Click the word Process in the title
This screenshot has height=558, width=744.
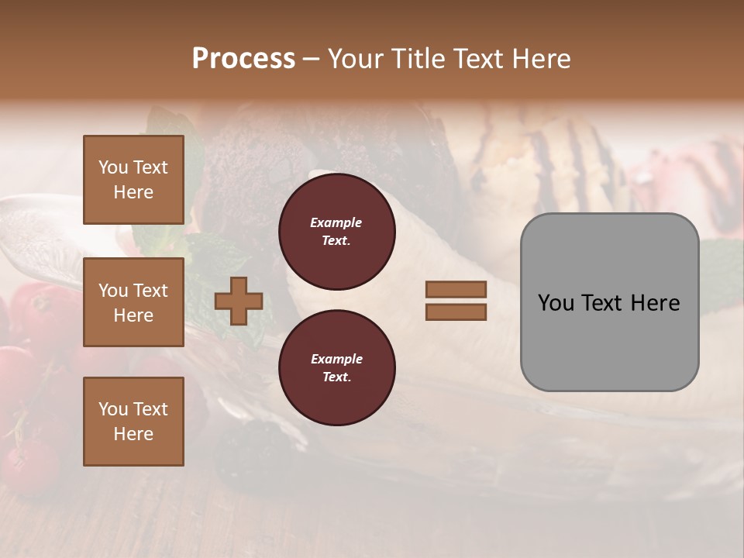point(243,58)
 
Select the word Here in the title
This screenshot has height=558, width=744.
point(540,58)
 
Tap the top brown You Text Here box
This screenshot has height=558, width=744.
point(133,180)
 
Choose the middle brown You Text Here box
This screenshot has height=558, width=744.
point(133,302)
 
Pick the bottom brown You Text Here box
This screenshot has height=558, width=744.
point(133,422)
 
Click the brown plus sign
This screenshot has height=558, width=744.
point(238,301)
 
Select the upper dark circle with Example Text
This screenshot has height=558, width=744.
point(336,232)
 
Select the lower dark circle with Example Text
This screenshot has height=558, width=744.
point(336,368)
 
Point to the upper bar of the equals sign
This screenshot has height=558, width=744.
point(456,290)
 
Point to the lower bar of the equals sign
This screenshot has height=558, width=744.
point(456,312)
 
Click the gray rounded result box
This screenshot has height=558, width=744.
point(609,302)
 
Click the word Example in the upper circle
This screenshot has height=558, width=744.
point(336,222)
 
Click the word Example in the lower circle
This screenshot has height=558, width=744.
point(336,359)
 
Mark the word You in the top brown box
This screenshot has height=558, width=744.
point(113,167)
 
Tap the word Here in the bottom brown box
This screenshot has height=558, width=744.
point(133,434)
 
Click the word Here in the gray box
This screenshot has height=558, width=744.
point(656,303)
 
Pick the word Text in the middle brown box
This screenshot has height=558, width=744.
point(150,291)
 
